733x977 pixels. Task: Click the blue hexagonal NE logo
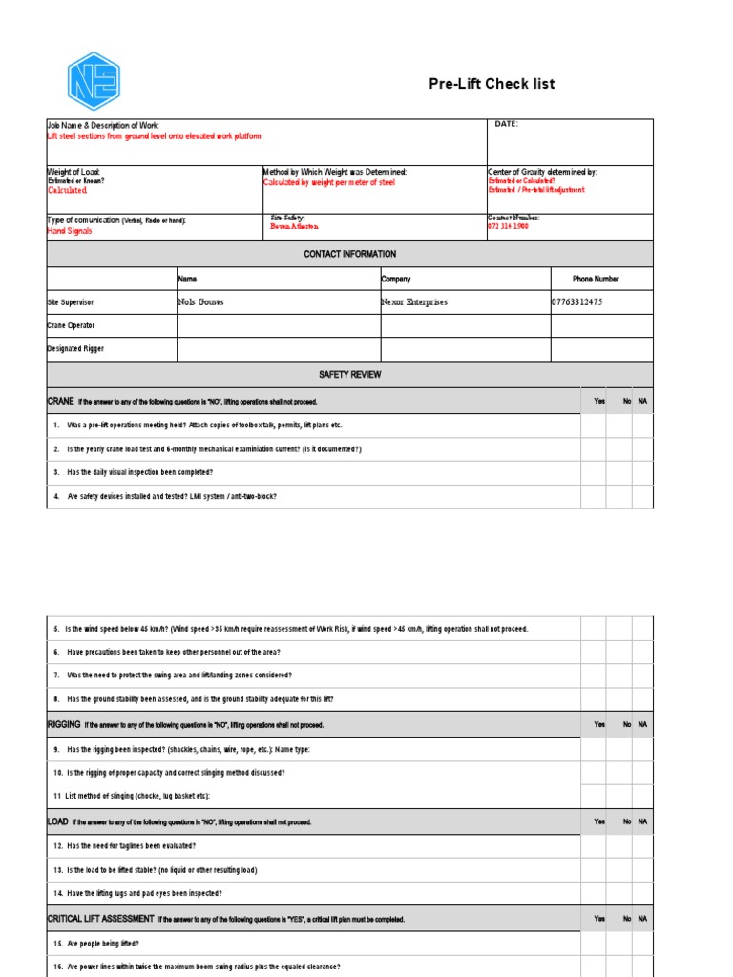pyautogui.click(x=93, y=81)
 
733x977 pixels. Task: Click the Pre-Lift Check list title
pyautogui.click(x=492, y=84)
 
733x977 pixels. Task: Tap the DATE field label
pyautogui.click(x=505, y=124)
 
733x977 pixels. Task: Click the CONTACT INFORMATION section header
pyautogui.click(x=349, y=254)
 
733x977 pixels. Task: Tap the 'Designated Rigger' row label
pyautogui.click(x=76, y=348)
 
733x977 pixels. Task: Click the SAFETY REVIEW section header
pyautogui.click(x=349, y=375)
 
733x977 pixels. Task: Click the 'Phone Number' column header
pyautogui.click(x=596, y=280)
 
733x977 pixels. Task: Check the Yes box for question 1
pyautogui.click(x=594, y=426)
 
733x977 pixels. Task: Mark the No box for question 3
pyautogui.click(x=618, y=472)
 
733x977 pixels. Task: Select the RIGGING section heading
pyautogui.click(x=65, y=724)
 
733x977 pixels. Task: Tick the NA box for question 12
pyautogui.click(x=642, y=846)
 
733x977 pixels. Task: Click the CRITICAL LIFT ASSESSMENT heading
pyautogui.click(x=100, y=919)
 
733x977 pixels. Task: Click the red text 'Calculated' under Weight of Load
pyautogui.click(x=68, y=191)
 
